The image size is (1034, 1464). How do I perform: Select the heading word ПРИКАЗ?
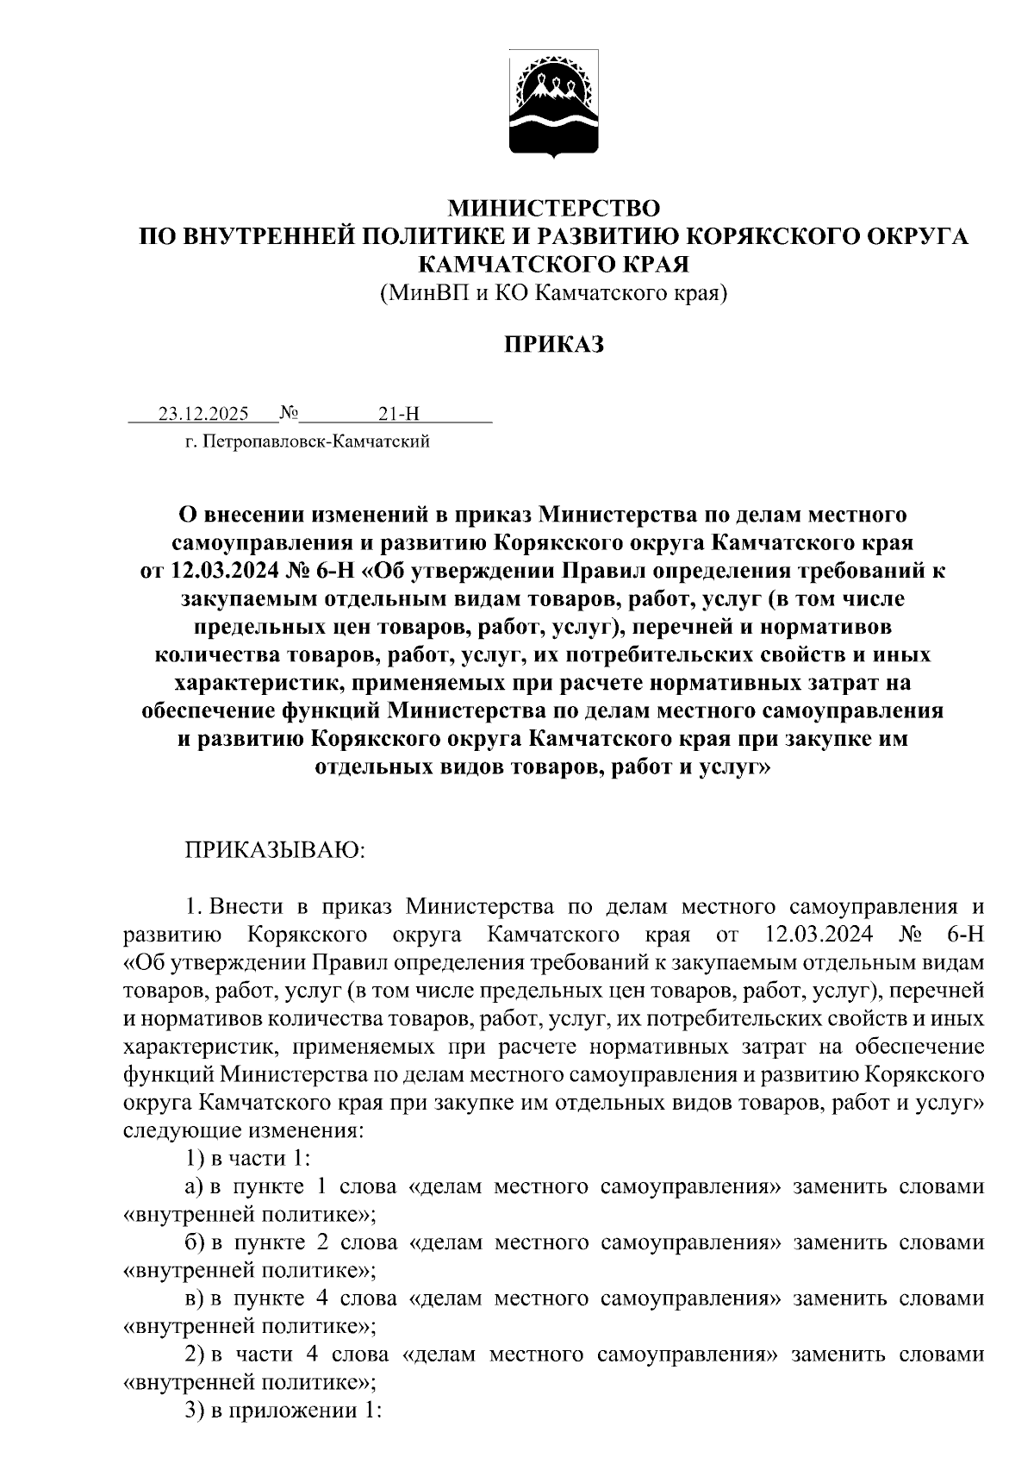(x=553, y=345)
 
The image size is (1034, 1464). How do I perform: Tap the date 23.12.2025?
(x=203, y=414)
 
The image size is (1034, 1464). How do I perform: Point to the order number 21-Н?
(x=398, y=414)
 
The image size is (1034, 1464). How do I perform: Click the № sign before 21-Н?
(x=289, y=414)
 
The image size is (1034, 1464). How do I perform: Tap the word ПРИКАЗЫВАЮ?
(x=276, y=850)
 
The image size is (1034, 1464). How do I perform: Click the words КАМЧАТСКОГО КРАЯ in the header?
(x=553, y=264)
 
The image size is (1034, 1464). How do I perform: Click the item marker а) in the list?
(x=194, y=1186)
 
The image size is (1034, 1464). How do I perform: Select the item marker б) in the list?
(x=194, y=1242)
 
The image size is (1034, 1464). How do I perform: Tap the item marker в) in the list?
(x=194, y=1298)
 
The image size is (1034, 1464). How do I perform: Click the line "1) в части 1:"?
(x=242, y=1158)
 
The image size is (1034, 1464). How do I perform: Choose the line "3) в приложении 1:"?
(x=283, y=1411)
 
